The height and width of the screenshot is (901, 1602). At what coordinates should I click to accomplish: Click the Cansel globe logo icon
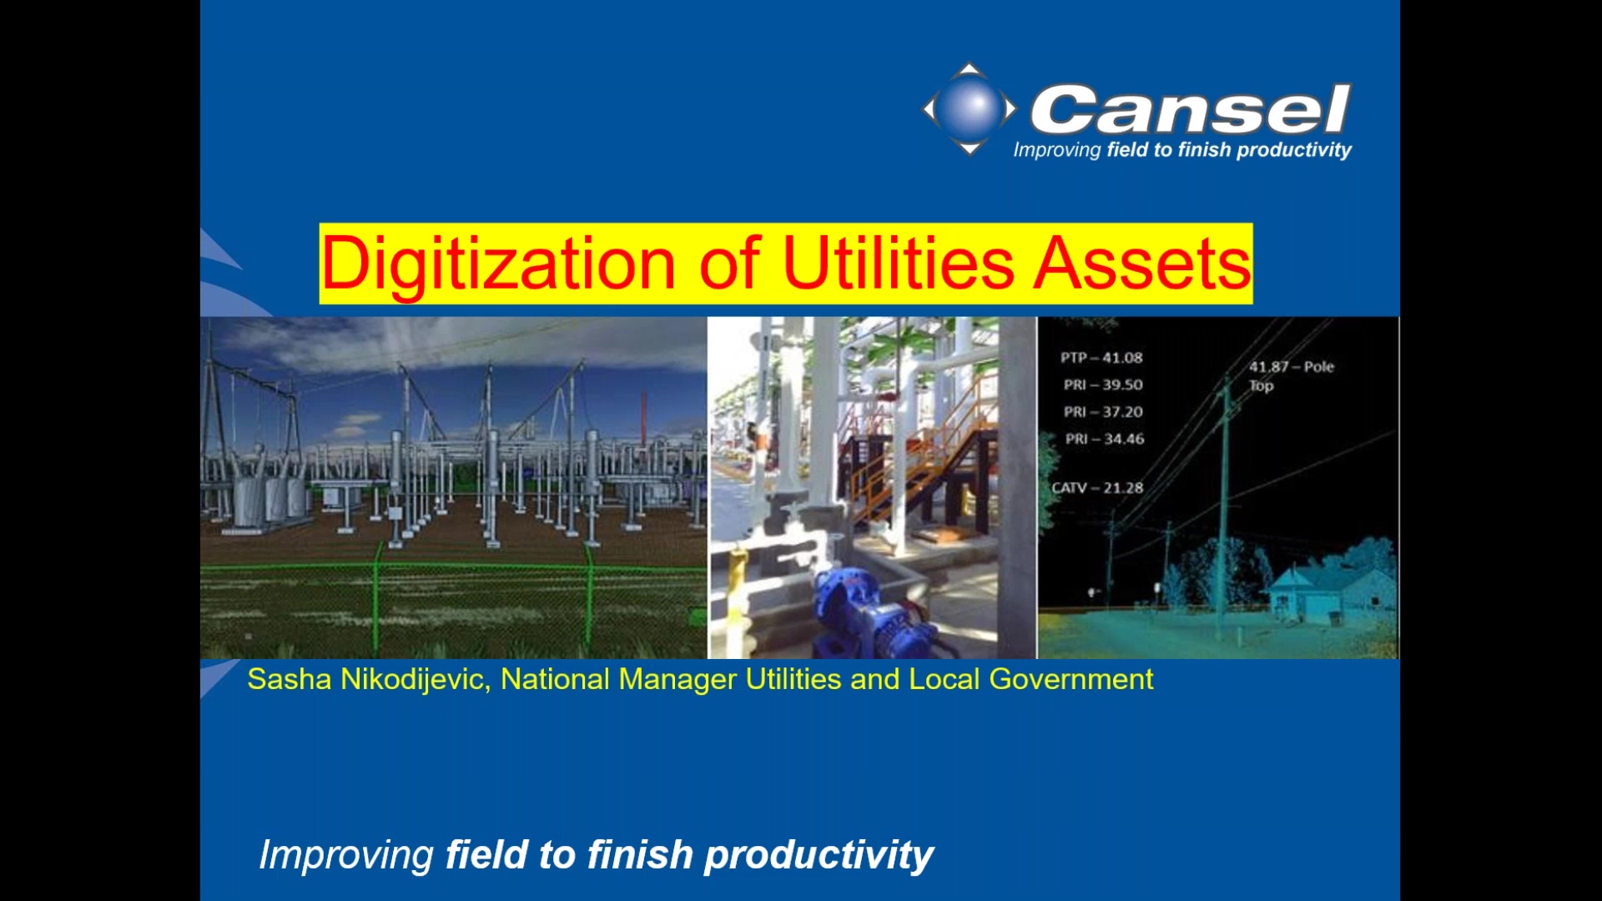(970, 108)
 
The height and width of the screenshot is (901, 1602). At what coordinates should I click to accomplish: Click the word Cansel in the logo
(1190, 109)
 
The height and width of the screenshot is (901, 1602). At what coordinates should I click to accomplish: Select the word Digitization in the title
(498, 264)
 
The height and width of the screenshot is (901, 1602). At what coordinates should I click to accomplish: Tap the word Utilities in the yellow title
(898, 264)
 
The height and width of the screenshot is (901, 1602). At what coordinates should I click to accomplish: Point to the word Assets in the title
(1142, 264)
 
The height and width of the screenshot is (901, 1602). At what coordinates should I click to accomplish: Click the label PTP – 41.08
(1101, 358)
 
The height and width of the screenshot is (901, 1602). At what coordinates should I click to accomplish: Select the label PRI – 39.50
(1103, 385)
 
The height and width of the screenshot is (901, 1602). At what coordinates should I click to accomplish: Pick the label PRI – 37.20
(1103, 412)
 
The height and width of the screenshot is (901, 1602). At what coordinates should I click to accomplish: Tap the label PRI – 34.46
(1105, 439)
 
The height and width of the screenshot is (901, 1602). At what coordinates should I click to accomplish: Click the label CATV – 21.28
(1097, 488)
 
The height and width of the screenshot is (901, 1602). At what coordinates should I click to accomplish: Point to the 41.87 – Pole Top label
(1290, 375)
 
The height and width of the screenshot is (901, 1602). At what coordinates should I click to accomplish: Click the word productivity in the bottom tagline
(819, 856)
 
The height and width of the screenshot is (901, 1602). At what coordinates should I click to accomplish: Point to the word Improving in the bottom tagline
(346, 856)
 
